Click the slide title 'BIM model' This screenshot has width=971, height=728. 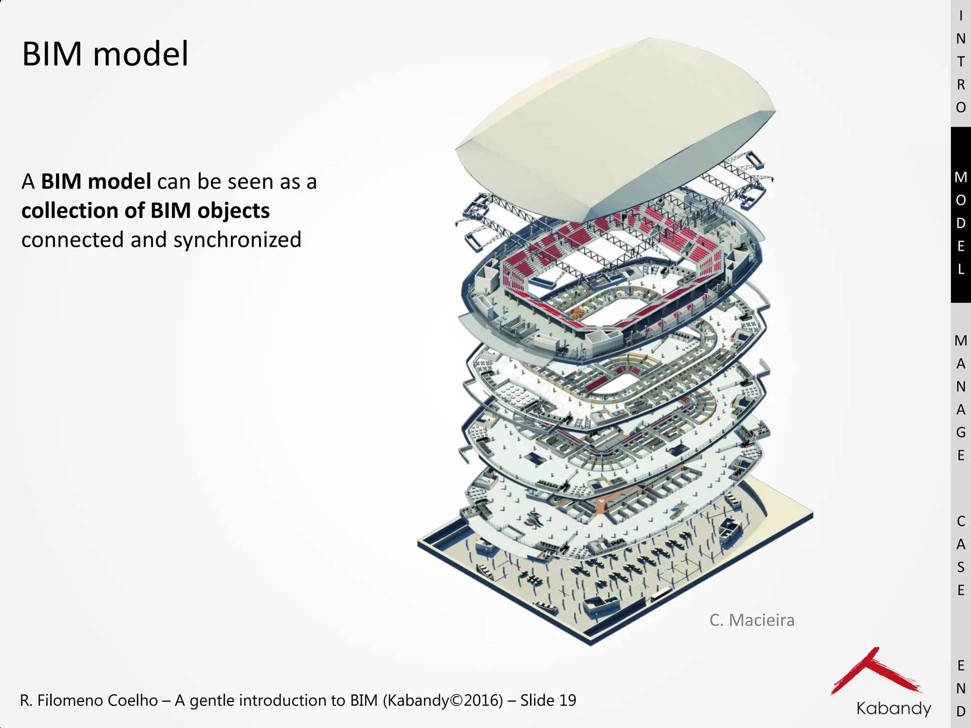(105, 54)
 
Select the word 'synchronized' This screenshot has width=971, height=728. (237, 240)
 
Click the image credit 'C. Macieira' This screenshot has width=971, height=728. (751, 620)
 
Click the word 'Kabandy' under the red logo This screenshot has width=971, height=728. (894, 709)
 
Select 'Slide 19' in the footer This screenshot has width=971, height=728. (548, 701)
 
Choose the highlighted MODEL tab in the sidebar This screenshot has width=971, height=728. (961, 223)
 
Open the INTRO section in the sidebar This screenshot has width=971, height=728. (961, 62)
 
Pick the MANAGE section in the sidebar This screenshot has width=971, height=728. (961, 398)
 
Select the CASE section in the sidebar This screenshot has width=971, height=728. (961, 555)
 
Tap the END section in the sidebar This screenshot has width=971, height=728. (961, 688)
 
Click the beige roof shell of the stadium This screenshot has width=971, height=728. (616, 123)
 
